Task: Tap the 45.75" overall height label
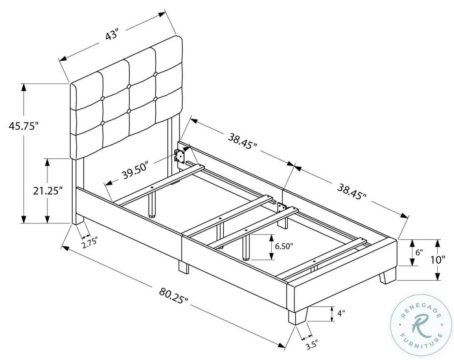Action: click(24, 126)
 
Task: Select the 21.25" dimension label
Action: click(47, 191)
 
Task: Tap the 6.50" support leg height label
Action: click(284, 246)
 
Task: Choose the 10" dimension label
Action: click(438, 260)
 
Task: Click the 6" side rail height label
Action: click(419, 252)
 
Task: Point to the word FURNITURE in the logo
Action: click(421, 343)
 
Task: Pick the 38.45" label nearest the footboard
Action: click(351, 191)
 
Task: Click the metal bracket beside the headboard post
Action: click(179, 155)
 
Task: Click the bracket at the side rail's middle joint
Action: click(281, 207)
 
